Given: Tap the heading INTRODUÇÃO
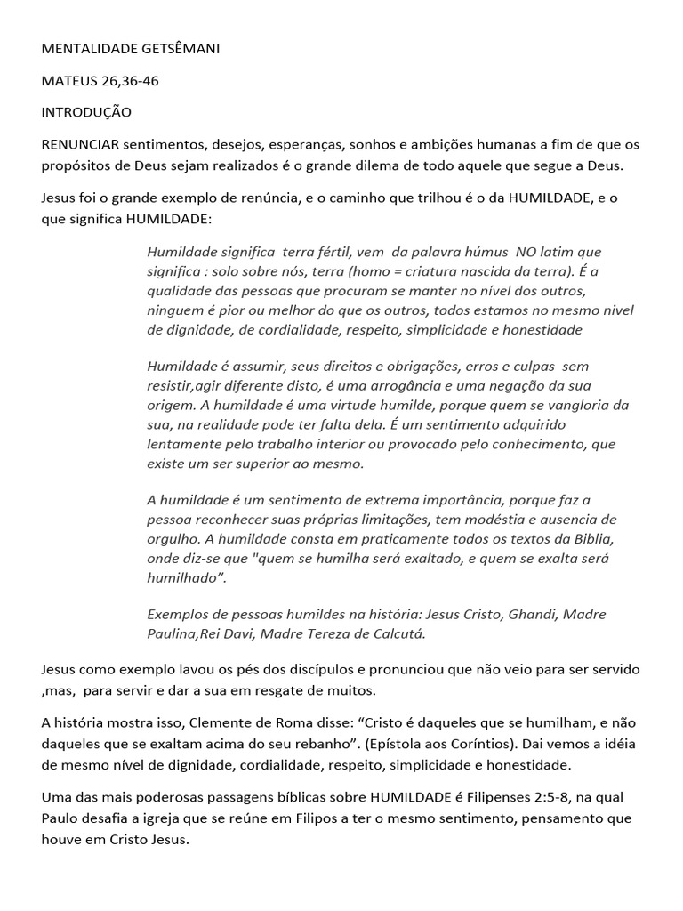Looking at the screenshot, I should click(x=86, y=113).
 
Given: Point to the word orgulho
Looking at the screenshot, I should click(x=174, y=539).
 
